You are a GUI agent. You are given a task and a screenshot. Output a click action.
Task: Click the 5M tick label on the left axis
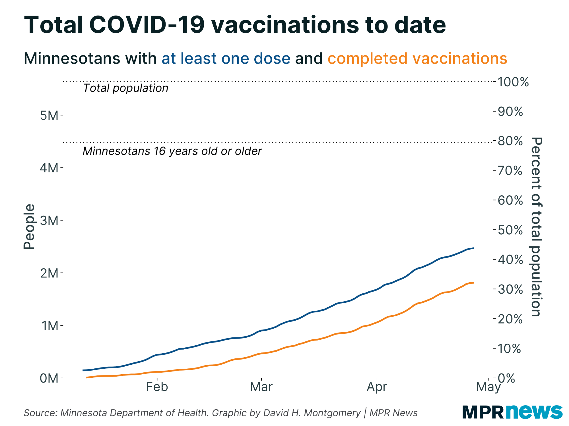49,116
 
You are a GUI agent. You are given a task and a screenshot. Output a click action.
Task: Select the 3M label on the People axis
49,221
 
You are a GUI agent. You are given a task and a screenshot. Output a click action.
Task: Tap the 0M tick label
49,378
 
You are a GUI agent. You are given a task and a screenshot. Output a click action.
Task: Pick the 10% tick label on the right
510,349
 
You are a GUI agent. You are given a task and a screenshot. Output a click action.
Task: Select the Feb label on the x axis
157,387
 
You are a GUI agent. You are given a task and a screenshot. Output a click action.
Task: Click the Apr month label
377,387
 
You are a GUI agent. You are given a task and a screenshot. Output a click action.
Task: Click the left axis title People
29,227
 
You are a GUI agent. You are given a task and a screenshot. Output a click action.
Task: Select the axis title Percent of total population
536,227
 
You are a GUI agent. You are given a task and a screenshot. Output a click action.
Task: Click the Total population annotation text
125,88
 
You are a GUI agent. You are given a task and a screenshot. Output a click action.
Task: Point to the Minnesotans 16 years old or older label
172,151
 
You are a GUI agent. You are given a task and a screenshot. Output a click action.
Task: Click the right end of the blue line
473,248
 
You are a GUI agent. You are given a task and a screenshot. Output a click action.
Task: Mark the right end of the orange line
473,283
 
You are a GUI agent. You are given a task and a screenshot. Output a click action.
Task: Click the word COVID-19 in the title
147,25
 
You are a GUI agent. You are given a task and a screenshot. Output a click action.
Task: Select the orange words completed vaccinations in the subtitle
417,59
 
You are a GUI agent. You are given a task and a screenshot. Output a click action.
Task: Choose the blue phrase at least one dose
226,59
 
